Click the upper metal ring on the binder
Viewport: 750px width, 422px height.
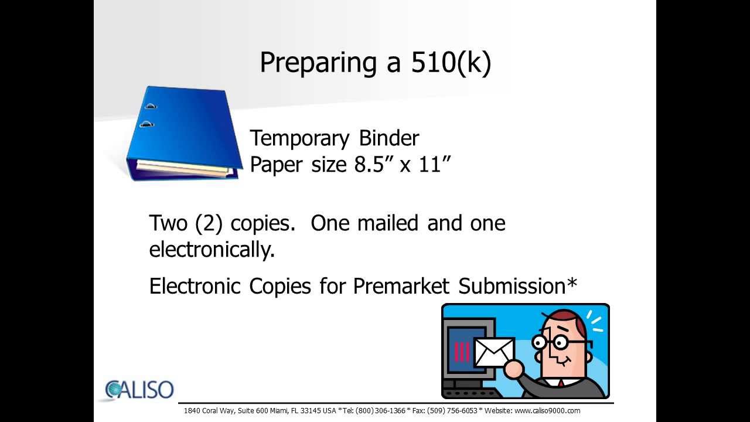pos(151,107)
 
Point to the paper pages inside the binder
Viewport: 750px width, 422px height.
pos(182,168)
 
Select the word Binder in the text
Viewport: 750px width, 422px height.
pos(389,139)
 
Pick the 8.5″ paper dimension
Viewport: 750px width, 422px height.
pos(373,165)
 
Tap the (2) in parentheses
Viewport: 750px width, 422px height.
pos(209,223)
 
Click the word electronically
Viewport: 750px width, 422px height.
pos(212,250)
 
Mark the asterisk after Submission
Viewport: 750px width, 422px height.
pos(572,284)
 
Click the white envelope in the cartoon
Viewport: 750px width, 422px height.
pos(493,352)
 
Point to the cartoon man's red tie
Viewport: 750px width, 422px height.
pos(561,384)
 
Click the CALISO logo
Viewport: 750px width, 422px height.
pos(139,390)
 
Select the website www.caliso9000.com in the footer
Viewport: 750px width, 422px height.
pos(547,411)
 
